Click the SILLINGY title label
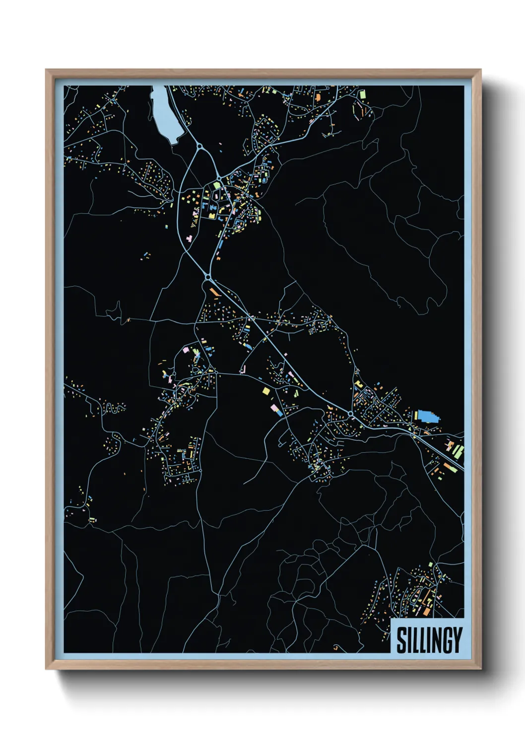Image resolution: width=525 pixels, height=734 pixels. tap(429, 640)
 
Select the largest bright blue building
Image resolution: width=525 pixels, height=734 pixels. tap(428, 416)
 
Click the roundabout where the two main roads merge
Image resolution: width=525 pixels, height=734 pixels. tap(208, 277)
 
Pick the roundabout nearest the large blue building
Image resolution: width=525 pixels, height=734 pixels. tap(351, 413)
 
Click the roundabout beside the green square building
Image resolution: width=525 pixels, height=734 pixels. tap(219, 178)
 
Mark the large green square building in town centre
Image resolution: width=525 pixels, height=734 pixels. tap(216, 184)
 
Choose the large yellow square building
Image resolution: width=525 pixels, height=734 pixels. tap(266, 391)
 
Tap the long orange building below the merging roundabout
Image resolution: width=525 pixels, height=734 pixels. tap(214, 292)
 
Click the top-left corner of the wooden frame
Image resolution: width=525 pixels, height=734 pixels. tap(47, 70)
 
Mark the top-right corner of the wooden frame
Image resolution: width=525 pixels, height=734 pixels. tap(480, 70)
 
